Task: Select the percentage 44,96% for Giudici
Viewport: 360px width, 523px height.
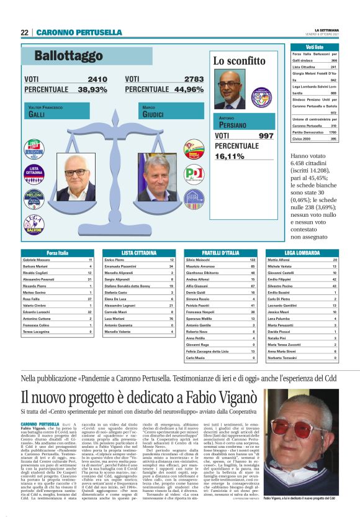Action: pos(181,89)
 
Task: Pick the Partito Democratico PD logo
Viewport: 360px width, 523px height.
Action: pos(194,171)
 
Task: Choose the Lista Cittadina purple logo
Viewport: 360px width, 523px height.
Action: pos(34,172)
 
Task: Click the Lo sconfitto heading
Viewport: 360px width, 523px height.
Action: pos(239,61)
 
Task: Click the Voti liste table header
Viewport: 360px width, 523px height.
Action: pos(315,47)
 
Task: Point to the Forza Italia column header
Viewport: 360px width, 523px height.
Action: pos(58,253)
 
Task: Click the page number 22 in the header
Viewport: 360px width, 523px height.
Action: pos(24,32)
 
